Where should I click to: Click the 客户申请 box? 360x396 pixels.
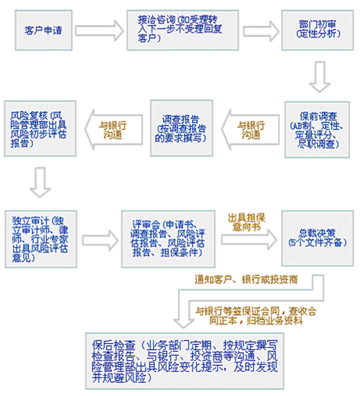43,30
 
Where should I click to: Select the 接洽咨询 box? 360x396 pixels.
182,29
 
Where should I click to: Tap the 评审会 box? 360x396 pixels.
169,238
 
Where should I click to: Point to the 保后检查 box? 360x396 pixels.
184,360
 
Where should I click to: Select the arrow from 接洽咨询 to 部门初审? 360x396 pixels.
259,30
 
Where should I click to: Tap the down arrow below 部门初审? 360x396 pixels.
320,77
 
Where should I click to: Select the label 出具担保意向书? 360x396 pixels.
247,223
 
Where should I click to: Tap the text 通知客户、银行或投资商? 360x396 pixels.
246,280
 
